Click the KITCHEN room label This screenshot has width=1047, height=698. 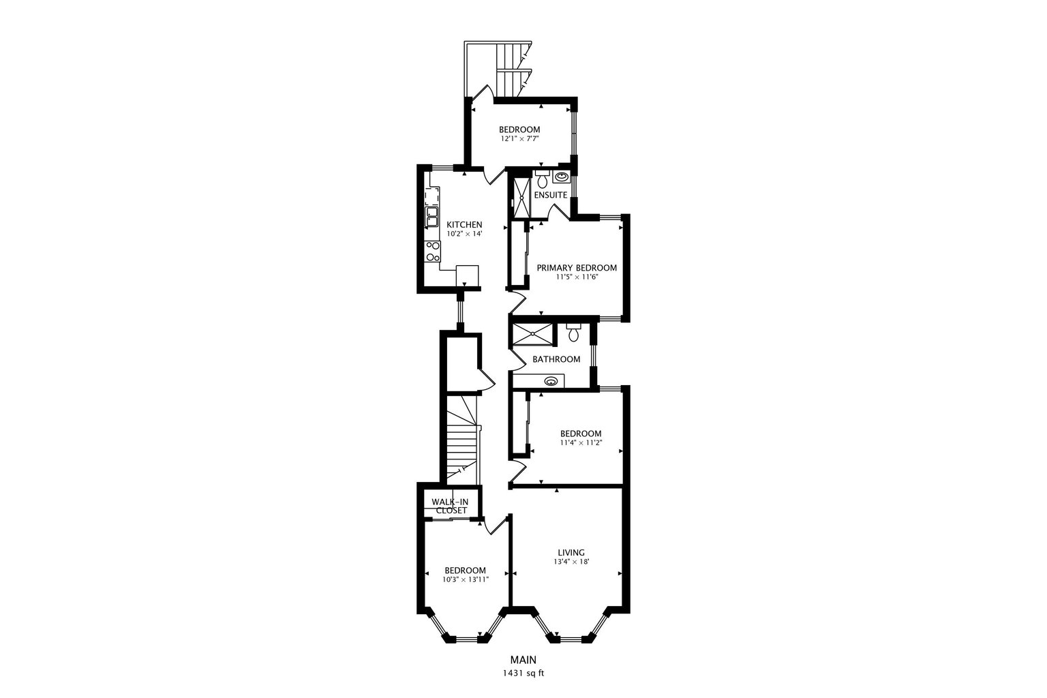click(464, 224)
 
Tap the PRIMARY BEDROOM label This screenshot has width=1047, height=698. click(577, 268)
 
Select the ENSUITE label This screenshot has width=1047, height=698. click(551, 195)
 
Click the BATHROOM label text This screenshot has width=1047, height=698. click(556, 359)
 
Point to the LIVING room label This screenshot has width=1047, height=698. click(571, 553)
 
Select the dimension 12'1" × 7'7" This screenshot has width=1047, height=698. click(519, 138)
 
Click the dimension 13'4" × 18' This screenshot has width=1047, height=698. click(571, 562)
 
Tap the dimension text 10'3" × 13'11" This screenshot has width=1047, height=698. click(465, 579)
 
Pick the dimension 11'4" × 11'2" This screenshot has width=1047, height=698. click(581, 442)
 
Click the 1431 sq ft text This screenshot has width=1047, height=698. click(523, 673)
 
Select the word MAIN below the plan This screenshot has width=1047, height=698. click(523, 660)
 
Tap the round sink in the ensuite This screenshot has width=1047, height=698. click(561, 177)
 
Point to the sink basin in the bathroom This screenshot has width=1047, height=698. click(551, 381)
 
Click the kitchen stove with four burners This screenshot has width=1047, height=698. click(106, 251)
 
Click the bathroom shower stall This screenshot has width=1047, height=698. click(533, 334)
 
